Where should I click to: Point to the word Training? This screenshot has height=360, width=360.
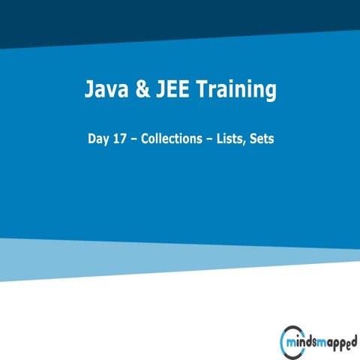point(235,92)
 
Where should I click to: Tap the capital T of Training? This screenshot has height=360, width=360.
point(200,91)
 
